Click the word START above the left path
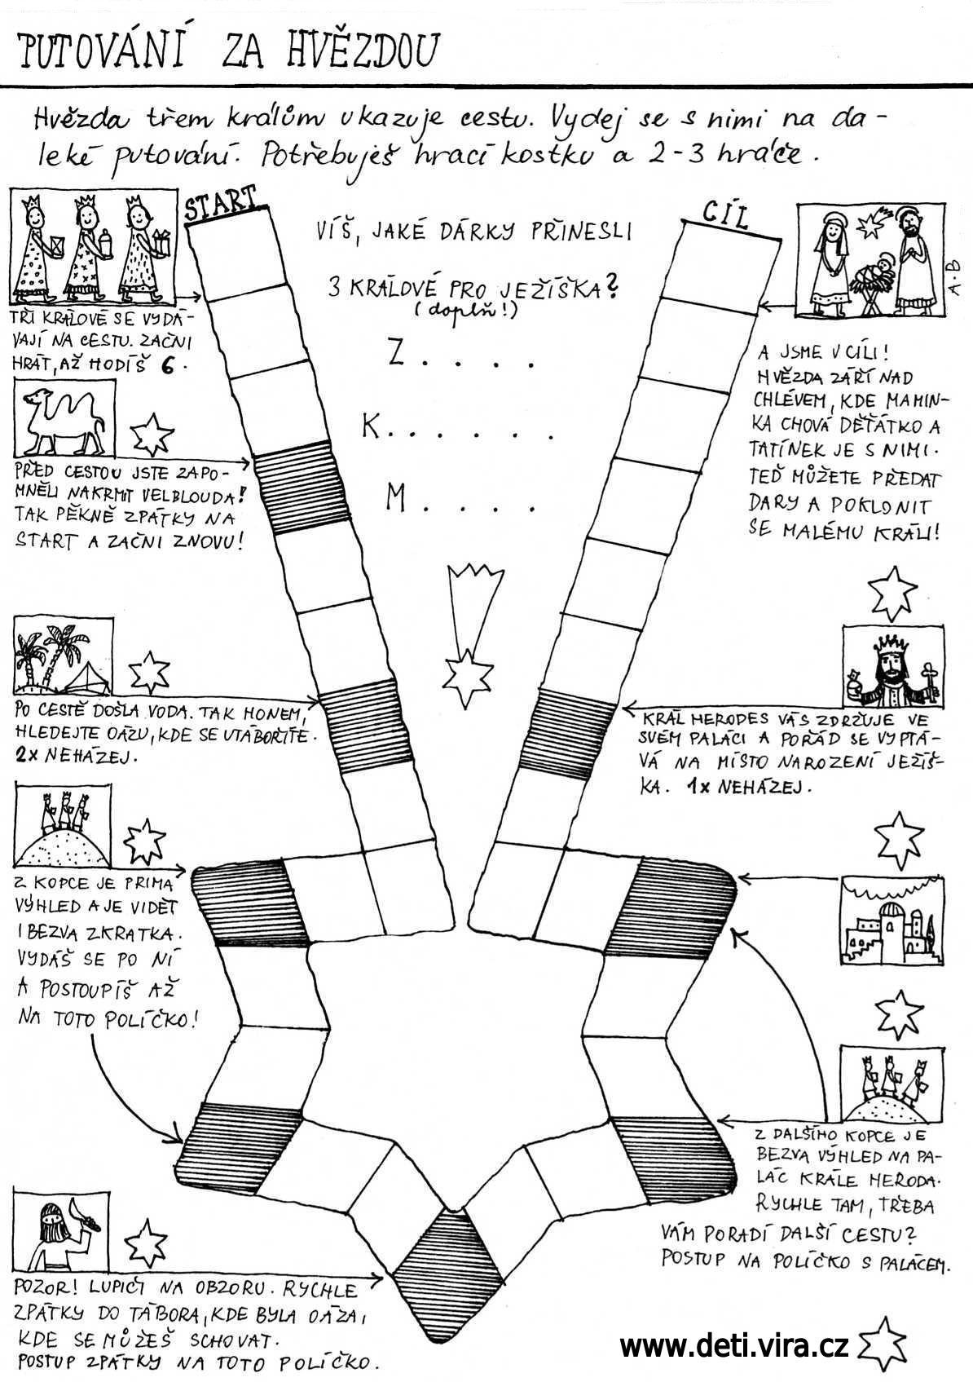(x=220, y=205)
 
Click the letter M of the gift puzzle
(x=397, y=499)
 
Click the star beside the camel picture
(x=152, y=433)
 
